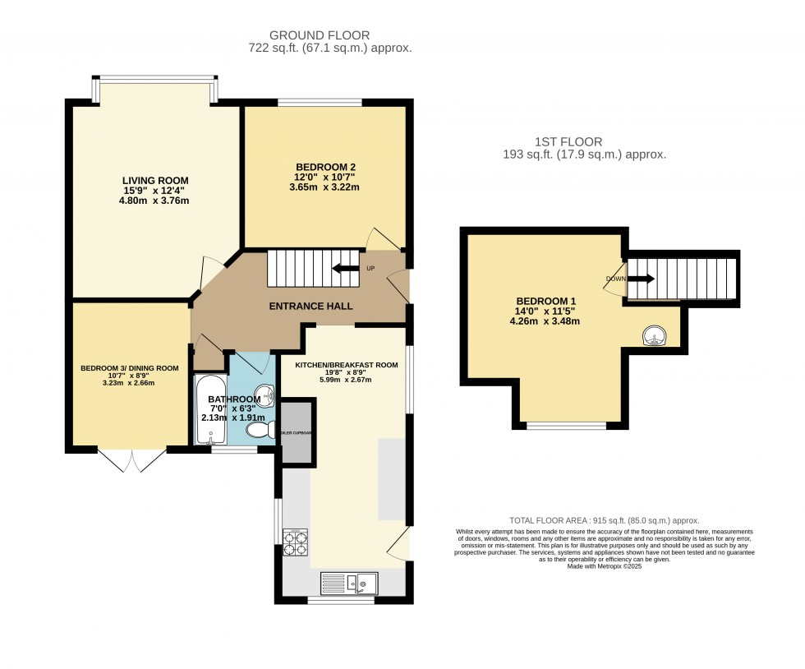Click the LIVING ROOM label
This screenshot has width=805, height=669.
(155, 181)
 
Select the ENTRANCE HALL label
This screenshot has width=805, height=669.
(311, 306)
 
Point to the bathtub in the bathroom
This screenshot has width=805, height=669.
(205, 410)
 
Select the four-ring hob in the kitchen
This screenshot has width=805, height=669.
(295, 542)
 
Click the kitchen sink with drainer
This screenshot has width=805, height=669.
(349, 583)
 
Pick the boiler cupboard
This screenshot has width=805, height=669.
(297, 432)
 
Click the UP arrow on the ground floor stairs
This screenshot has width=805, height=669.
(345, 268)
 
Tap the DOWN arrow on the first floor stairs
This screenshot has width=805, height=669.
(641, 279)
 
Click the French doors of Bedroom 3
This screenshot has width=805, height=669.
(131, 459)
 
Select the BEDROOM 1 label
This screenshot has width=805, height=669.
(545, 301)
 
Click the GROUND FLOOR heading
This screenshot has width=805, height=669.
(320, 35)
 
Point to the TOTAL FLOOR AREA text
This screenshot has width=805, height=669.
(604, 521)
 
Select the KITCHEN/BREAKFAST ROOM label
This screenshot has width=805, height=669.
(339, 364)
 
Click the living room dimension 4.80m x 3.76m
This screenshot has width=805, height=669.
(155, 201)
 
